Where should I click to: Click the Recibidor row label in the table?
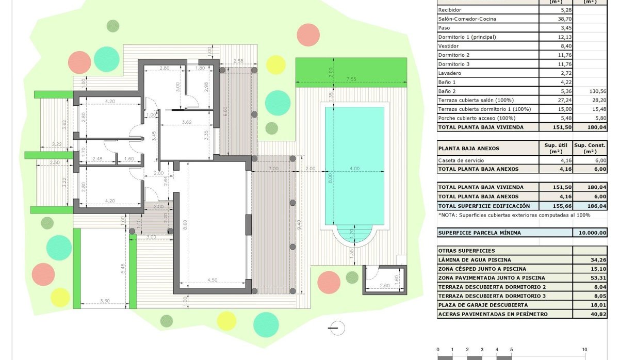click(x=449, y=10)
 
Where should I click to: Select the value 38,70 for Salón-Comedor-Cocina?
click(x=556, y=19)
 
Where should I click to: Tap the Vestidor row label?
click(x=448, y=46)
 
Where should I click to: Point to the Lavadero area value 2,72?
click(x=556, y=73)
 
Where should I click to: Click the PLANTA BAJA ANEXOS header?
click(x=468, y=149)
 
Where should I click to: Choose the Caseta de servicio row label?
click(x=461, y=160)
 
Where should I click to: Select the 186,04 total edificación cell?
click(x=590, y=206)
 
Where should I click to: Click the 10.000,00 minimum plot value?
click(x=590, y=233)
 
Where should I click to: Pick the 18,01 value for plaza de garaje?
click(x=590, y=305)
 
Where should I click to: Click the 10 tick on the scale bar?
click(x=584, y=350)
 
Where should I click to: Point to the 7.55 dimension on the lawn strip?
click(x=351, y=79)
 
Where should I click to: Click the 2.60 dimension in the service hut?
click(x=384, y=286)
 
